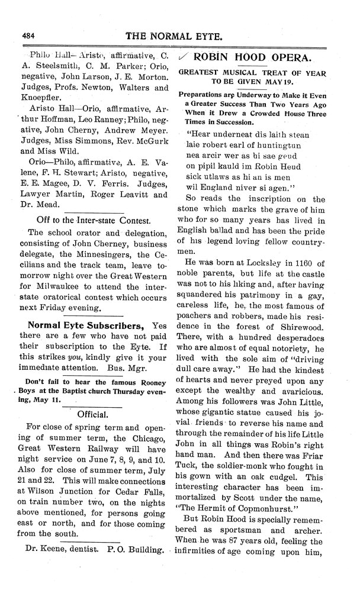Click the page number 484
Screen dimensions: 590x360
[30, 34]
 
